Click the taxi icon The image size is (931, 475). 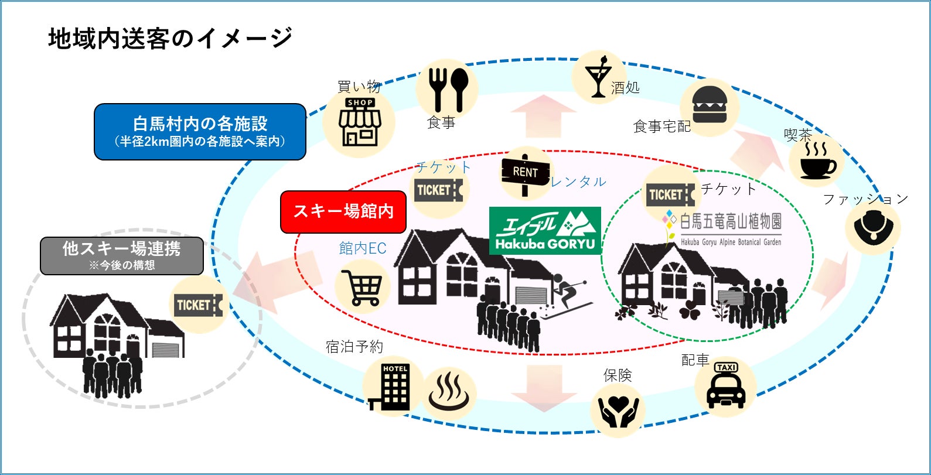pos(726,386)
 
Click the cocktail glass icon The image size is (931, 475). pos(598,78)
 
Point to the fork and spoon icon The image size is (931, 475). pos(447,89)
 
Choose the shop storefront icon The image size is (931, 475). pos(360,122)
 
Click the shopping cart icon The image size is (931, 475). pos(362,287)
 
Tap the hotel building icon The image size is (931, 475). pos(390,387)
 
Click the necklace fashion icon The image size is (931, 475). pos(872,228)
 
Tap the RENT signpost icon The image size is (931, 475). pos(525,173)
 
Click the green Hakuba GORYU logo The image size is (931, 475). pos(545,230)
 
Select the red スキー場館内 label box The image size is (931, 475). pos(343,211)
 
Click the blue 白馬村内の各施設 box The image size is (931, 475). pos(200,131)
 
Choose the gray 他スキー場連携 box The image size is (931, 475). pos(122,255)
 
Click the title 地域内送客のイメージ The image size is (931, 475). pos(170,39)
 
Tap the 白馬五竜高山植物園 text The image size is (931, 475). pos(730,221)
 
